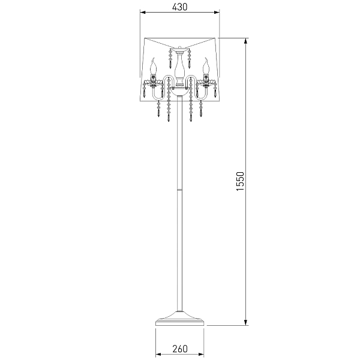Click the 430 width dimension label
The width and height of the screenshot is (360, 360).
click(x=179, y=7)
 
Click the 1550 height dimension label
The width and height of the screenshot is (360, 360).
click(x=241, y=181)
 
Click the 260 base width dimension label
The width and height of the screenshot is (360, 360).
click(x=180, y=349)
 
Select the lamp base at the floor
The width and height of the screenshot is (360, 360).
click(x=180, y=319)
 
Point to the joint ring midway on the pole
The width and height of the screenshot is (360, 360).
click(x=180, y=190)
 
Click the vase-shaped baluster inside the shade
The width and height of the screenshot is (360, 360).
click(x=179, y=69)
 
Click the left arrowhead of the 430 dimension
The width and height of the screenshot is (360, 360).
click(x=143, y=13)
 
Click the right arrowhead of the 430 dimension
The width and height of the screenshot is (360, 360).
click(x=217, y=13)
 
